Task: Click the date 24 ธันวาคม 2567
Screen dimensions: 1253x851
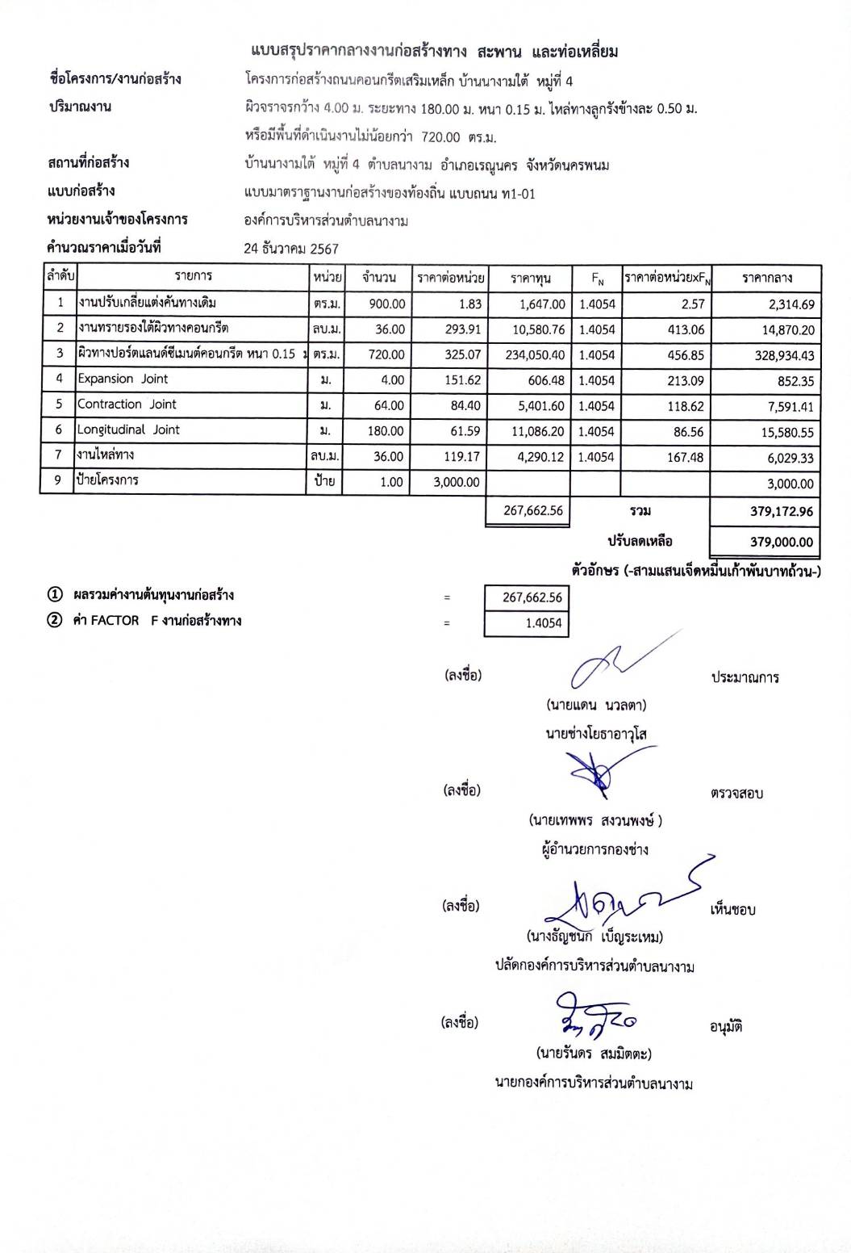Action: pyautogui.click(x=291, y=249)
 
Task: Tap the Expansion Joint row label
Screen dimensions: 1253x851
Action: pyautogui.click(x=123, y=379)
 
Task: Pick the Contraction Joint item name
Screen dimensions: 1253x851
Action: pyautogui.click(x=127, y=404)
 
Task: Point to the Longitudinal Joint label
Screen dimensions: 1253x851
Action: pyautogui.click(x=128, y=430)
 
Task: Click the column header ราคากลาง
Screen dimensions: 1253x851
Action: pyautogui.click(x=766, y=279)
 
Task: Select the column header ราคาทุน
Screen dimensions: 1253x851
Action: pyautogui.click(x=530, y=279)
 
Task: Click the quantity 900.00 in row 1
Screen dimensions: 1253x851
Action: pyautogui.click(x=386, y=304)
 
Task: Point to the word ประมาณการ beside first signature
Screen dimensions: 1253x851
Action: pyautogui.click(x=745, y=678)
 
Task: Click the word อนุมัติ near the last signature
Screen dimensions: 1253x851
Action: pyautogui.click(x=726, y=1027)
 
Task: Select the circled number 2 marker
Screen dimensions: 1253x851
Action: pyautogui.click(x=55, y=621)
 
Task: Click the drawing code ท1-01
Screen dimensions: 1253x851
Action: pyautogui.click(x=518, y=194)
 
